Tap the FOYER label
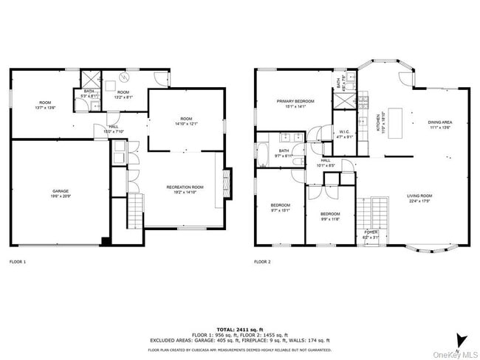point(370,234)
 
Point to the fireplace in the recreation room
point(227,181)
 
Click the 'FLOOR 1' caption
point(17,262)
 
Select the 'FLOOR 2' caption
point(262,262)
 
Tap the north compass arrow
point(460,339)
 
